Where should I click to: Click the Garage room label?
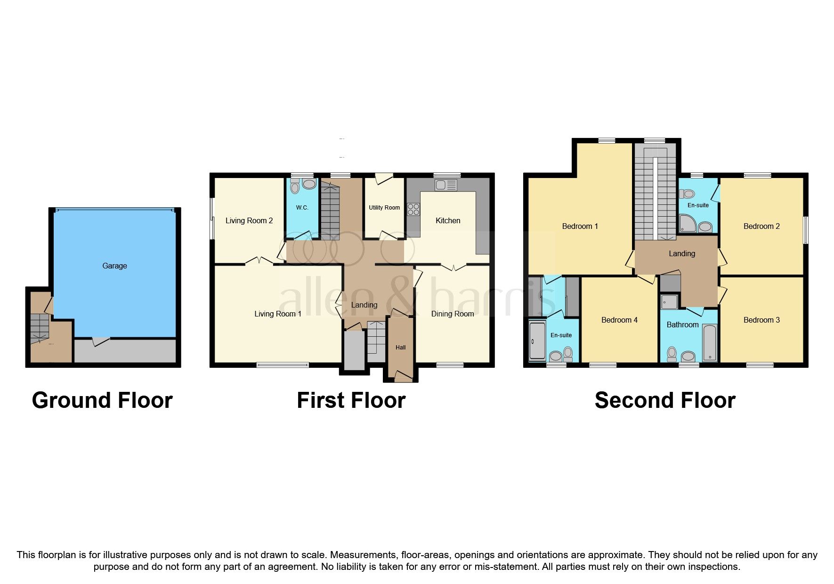point(114,266)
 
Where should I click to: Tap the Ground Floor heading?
point(102,400)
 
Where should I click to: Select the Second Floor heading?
point(664,400)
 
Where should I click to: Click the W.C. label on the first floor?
point(302,208)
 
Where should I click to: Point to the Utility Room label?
point(384,208)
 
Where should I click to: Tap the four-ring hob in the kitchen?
point(413,209)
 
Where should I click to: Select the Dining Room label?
point(452,314)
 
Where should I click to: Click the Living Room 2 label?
point(249,220)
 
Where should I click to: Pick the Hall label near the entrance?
point(400,348)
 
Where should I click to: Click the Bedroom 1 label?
point(580,226)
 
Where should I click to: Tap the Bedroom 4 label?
point(619,320)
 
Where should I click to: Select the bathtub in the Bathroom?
point(709,342)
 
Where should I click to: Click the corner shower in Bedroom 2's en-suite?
point(688,224)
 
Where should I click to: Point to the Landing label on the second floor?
point(681,253)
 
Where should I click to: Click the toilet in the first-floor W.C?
point(295,187)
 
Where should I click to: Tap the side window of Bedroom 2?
point(805,230)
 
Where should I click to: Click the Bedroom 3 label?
point(761,320)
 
